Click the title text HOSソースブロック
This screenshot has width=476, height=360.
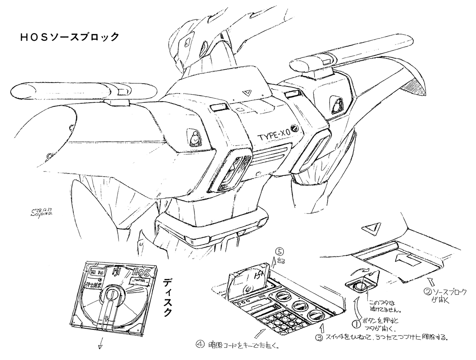point(69,38)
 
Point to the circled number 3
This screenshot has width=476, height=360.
point(319,338)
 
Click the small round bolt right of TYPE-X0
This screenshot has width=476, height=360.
point(295,128)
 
